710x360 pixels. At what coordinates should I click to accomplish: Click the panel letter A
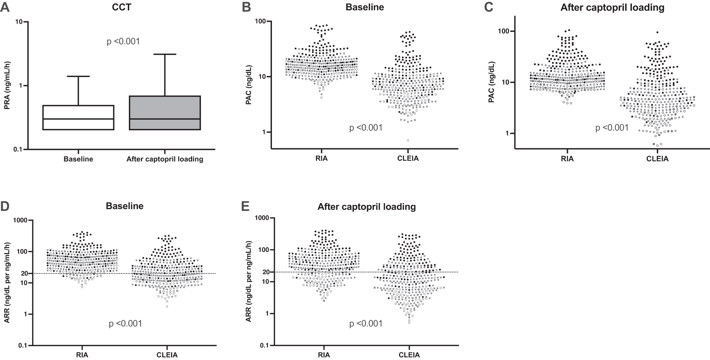[x=5, y=7]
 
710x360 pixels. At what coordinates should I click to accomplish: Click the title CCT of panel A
[x=121, y=7]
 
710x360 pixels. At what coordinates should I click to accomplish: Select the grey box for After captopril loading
[x=165, y=113]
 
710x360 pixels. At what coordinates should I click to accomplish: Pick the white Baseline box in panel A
[x=78, y=118]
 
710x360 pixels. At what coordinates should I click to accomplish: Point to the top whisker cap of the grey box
[x=165, y=54]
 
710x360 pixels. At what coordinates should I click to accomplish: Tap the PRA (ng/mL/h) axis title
[x=7, y=86]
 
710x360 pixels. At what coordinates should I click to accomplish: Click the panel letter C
[x=489, y=7]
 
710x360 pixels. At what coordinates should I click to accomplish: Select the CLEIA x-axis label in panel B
[x=408, y=158]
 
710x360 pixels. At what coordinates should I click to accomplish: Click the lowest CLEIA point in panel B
[x=408, y=140]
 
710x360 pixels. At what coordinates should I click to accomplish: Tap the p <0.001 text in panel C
[x=612, y=128]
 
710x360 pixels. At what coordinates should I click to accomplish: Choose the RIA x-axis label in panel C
[x=567, y=159]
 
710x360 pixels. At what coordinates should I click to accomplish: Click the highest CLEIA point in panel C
[x=657, y=32]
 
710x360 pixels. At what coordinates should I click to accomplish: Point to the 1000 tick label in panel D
[x=20, y=220]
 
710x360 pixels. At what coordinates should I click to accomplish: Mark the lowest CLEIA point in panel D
[x=167, y=306]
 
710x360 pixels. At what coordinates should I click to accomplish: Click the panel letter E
[x=245, y=206]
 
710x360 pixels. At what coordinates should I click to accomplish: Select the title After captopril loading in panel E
[x=367, y=207]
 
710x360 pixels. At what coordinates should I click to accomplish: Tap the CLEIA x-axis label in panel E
[x=409, y=355]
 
